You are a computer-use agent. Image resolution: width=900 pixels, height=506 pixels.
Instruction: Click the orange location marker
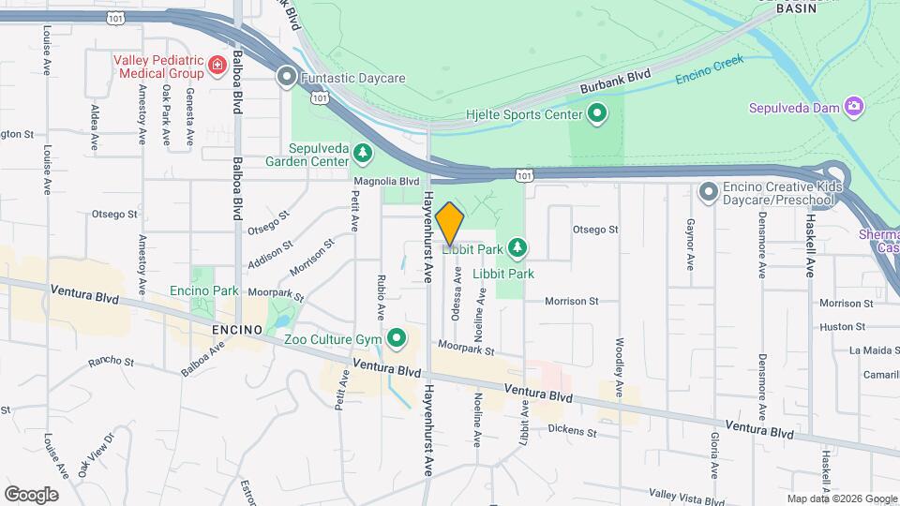tap(450, 223)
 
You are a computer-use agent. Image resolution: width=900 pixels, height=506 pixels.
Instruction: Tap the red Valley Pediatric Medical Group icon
tap(217, 65)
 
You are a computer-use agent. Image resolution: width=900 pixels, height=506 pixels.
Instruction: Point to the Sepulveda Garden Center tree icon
tap(362, 151)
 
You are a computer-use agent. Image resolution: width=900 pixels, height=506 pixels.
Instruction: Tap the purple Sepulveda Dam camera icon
tap(853, 106)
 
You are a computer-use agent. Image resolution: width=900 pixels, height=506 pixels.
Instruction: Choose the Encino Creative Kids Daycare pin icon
tap(709, 192)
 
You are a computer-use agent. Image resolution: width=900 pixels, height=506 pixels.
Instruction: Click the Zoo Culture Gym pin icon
tap(397, 336)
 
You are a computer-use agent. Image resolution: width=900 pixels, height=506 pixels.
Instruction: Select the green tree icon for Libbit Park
tap(517, 248)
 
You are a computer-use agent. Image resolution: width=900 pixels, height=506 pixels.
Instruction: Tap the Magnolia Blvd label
tap(386, 182)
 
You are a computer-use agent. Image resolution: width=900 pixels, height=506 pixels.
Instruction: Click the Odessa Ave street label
tap(457, 295)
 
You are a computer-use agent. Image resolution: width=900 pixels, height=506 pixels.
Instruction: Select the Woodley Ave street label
tap(620, 366)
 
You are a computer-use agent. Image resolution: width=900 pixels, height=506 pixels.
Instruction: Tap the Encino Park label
tap(204, 290)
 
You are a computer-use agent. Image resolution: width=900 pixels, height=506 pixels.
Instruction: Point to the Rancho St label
tap(112, 362)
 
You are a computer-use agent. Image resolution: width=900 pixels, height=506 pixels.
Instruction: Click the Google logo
tap(31, 494)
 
